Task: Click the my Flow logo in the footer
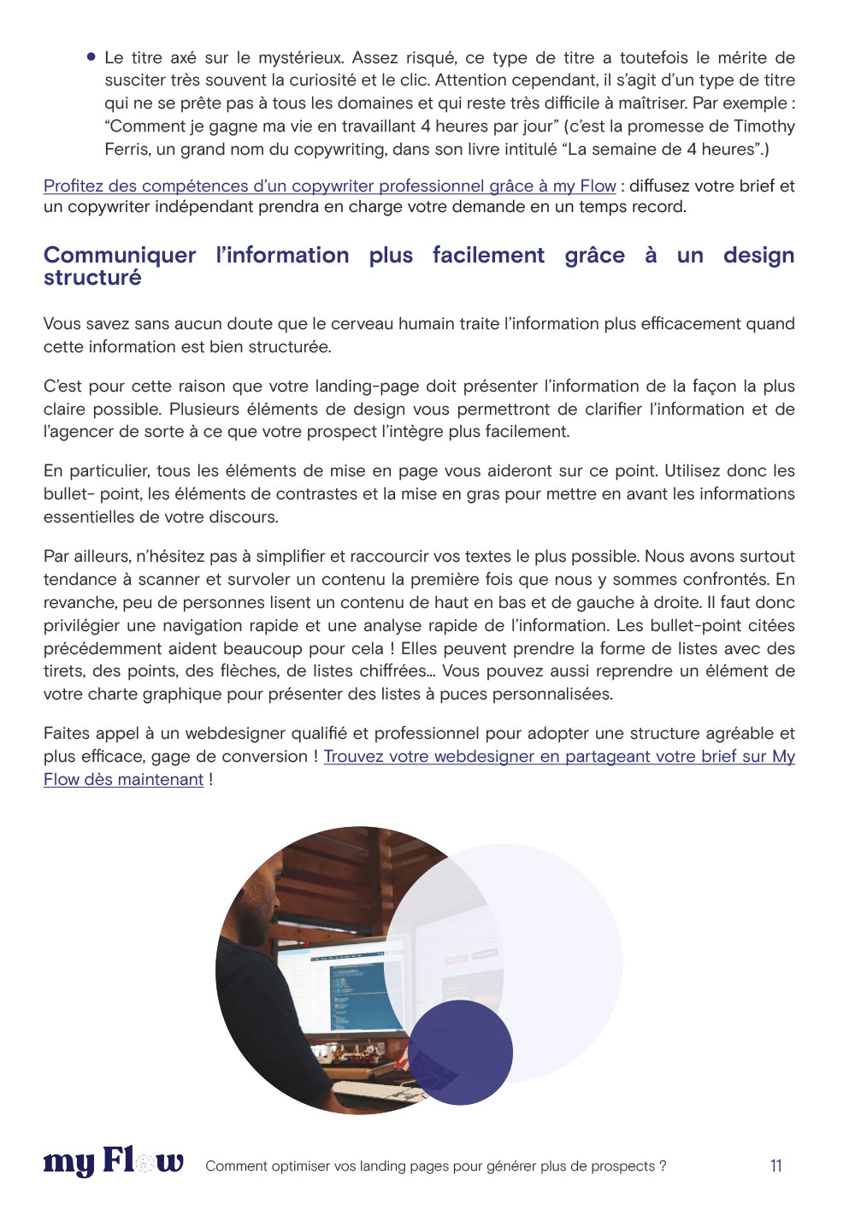pyautogui.click(x=113, y=1163)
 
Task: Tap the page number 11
pyautogui.click(x=775, y=1166)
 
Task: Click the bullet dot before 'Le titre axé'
pyautogui.click(x=91, y=57)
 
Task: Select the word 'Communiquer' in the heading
pyautogui.click(x=120, y=255)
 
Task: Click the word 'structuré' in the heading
pyautogui.click(x=92, y=278)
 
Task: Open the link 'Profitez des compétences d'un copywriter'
pyautogui.click(x=329, y=186)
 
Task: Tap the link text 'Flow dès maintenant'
pyautogui.click(x=123, y=779)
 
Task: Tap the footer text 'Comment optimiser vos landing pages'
pyautogui.click(x=435, y=1166)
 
